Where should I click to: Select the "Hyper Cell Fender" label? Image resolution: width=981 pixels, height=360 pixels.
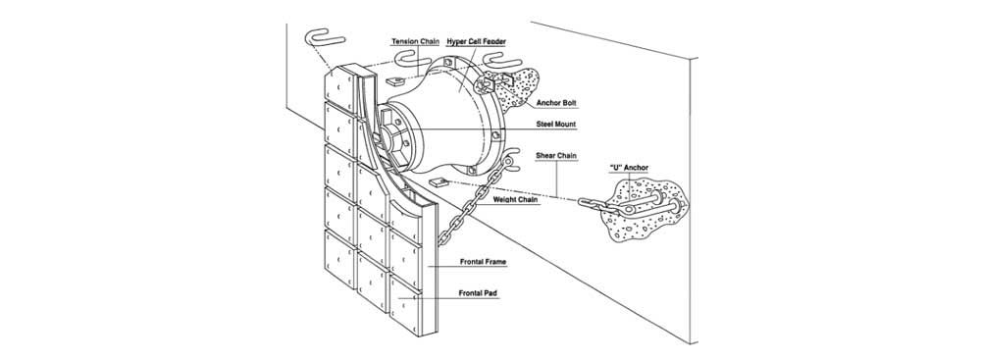(476, 41)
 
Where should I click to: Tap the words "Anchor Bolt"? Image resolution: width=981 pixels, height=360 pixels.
(555, 102)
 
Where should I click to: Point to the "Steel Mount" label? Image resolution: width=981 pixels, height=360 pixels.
(555, 125)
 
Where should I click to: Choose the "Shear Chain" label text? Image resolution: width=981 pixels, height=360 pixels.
(556, 155)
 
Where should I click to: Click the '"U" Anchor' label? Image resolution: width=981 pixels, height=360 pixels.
(629, 168)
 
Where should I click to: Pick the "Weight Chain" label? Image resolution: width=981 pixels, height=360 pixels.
(514, 200)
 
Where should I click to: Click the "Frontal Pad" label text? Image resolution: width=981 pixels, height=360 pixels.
(479, 292)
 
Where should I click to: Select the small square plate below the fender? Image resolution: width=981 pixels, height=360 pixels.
(438, 182)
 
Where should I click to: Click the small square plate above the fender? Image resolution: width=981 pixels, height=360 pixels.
(394, 80)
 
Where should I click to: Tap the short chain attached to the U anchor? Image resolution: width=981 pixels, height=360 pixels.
(596, 206)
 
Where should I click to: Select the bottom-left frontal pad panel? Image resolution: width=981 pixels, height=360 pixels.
(339, 259)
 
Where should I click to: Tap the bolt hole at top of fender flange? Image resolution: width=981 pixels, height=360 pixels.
(448, 63)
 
